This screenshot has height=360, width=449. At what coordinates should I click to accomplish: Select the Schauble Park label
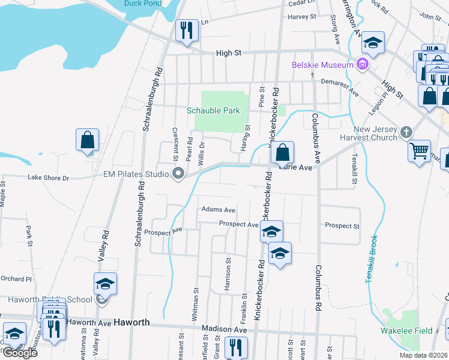[x=213, y=110]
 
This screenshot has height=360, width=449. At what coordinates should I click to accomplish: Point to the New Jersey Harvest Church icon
[x=406, y=132]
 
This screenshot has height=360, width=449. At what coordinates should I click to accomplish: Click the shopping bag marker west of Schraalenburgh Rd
[x=88, y=140]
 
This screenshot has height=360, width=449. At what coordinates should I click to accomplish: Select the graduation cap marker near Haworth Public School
[x=105, y=284]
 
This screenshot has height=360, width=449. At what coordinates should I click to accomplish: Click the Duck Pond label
[x=142, y=3]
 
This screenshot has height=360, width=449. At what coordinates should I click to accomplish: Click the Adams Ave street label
[x=218, y=210]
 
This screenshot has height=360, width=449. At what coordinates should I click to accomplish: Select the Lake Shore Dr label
[x=49, y=178]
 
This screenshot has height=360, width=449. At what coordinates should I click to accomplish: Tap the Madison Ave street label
[x=224, y=329]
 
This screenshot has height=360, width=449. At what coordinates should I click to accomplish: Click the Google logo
[x=19, y=353]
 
